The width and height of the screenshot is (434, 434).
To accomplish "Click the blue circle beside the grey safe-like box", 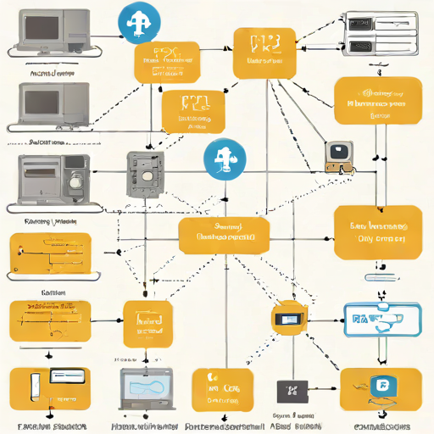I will [225, 159].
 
